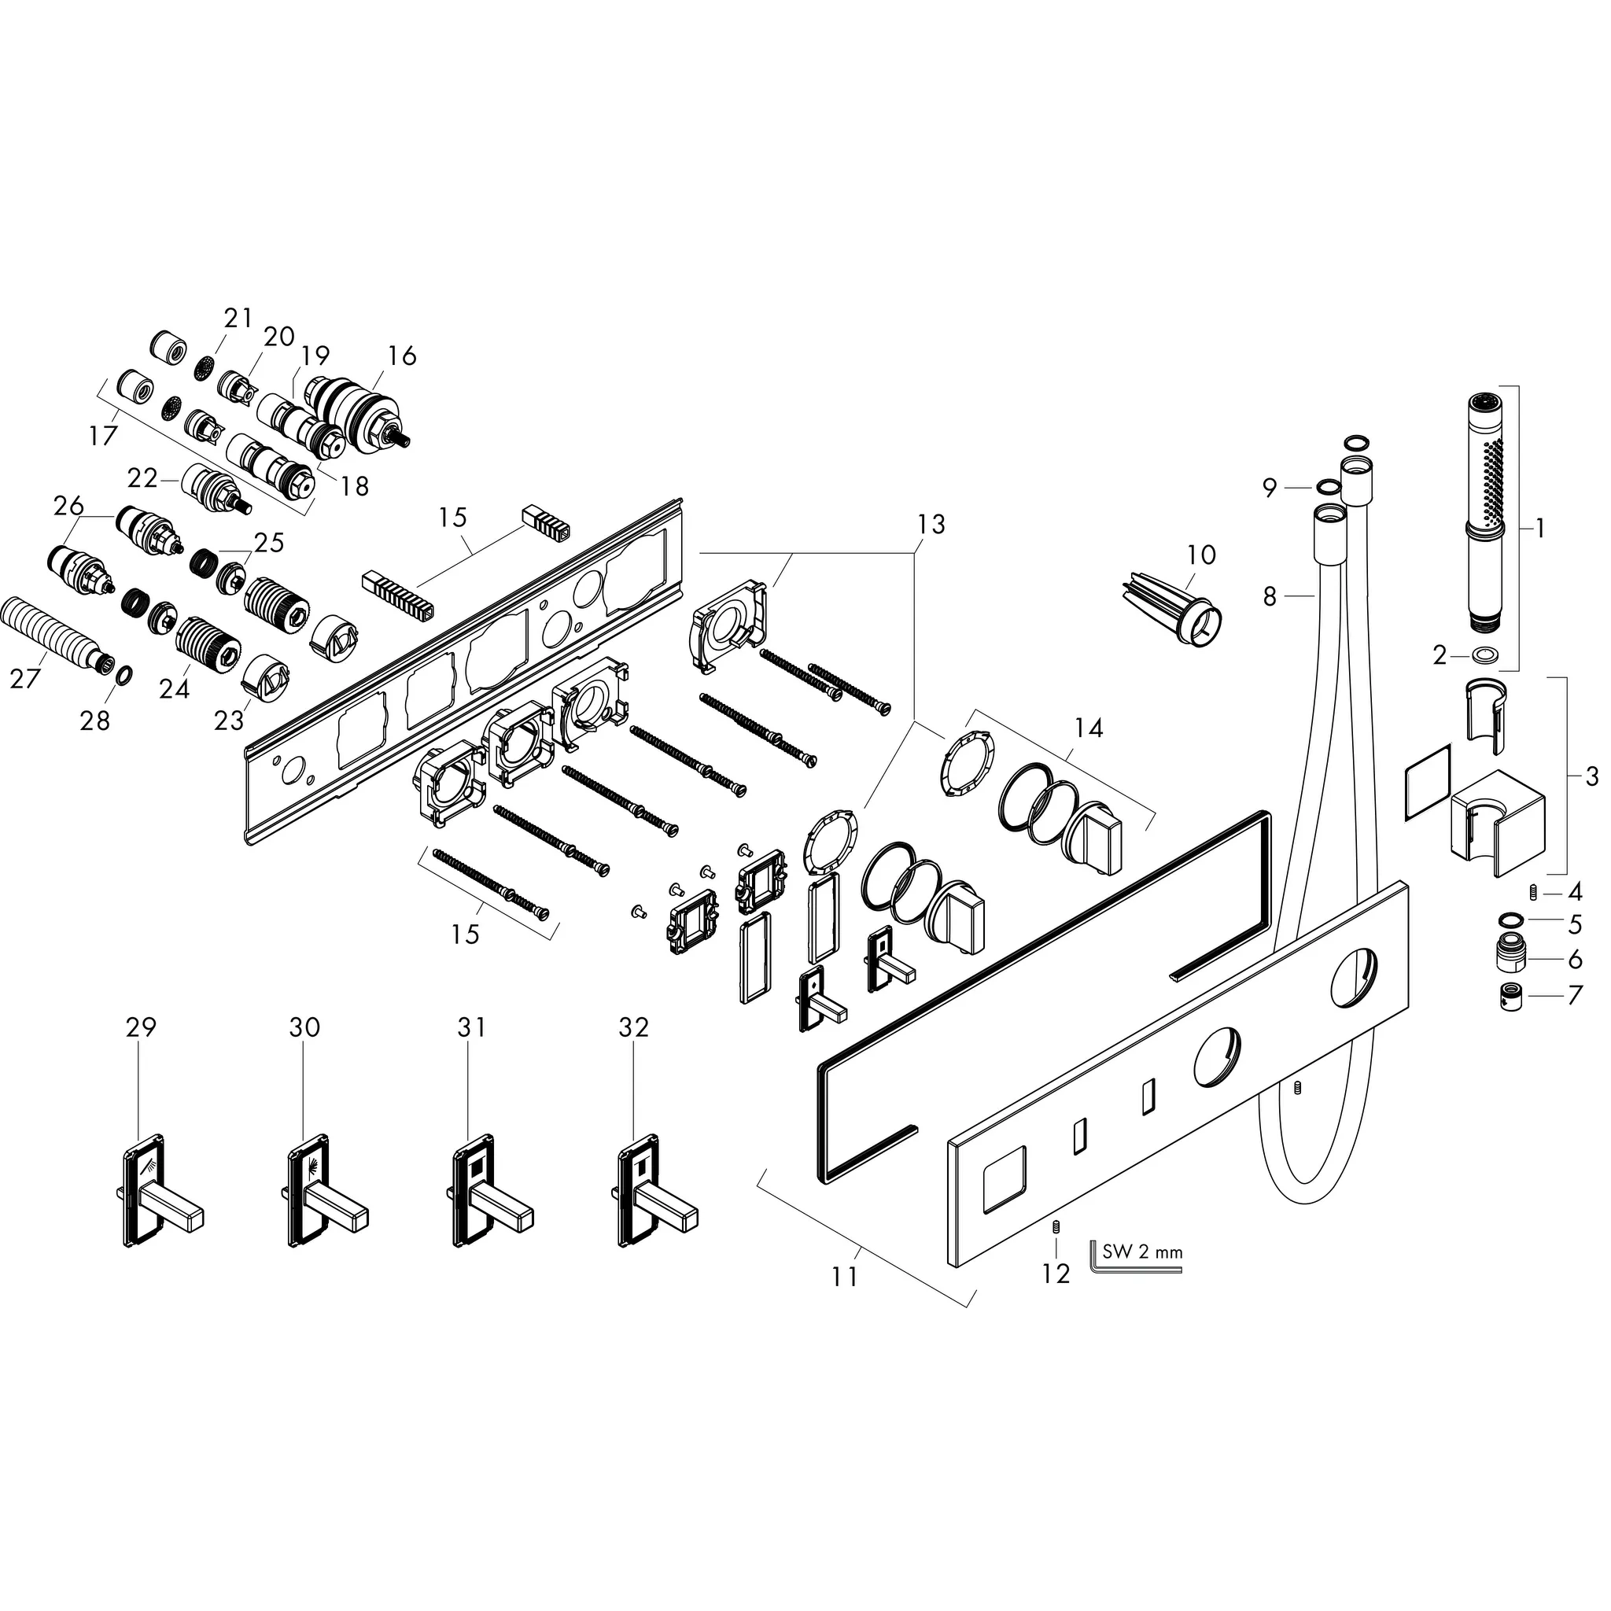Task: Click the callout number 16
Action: [x=402, y=356]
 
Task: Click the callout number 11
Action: [x=844, y=1277]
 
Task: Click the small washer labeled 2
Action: [x=1484, y=655]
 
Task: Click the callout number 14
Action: [x=1088, y=728]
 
